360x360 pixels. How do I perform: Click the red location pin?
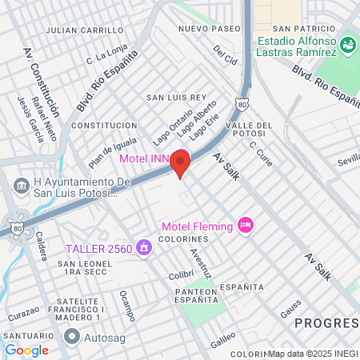[181, 164]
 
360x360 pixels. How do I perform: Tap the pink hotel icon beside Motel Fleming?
[246, 226]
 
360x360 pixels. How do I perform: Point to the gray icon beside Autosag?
[72, 338]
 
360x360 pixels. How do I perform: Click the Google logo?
[26, 350]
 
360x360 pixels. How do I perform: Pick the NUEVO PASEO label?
[210, 28]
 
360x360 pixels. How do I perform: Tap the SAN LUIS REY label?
[176, 97]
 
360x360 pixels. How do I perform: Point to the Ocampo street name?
[126, 304]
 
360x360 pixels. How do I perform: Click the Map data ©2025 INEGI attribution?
[313, 354]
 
